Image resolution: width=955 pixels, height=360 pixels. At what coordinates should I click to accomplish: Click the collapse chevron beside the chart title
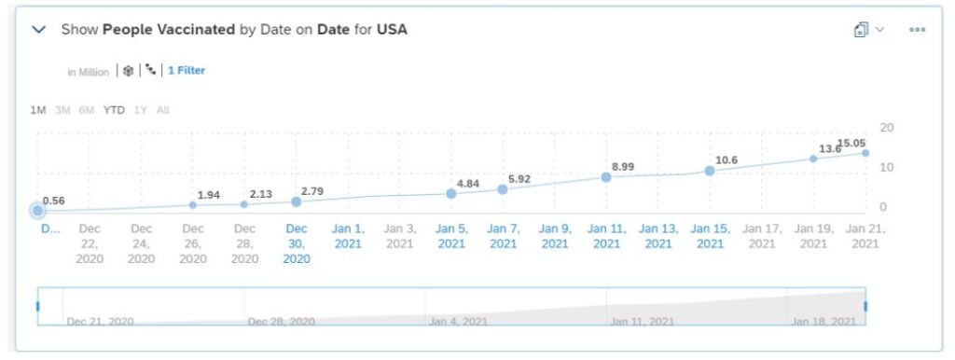click(39, 30)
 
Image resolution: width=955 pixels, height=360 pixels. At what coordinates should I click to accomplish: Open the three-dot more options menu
click(917, 30)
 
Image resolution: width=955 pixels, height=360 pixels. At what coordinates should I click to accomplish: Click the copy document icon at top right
click(862, 30)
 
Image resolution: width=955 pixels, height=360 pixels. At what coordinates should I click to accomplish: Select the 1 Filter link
click(187, 71)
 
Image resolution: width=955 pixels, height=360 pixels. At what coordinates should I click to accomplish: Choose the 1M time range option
click(38, 110)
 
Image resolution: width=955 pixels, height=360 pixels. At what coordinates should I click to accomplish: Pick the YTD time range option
click(114, 110)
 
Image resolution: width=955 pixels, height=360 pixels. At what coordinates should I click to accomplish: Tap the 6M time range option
click(87, 110)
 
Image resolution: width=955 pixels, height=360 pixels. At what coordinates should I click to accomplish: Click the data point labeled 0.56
click(38, 211)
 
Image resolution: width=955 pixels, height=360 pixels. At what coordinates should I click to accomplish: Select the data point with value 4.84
click(451, 193)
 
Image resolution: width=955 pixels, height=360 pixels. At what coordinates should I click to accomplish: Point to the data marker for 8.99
click(606, 176)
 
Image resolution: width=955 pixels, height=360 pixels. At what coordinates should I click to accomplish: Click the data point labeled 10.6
click(710, 171)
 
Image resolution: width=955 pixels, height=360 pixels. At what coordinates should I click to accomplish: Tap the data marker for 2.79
click(297, 201)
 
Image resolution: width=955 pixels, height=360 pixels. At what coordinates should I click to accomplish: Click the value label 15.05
click(851, 144)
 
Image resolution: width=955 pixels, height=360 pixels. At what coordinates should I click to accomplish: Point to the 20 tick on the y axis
click(887, 128)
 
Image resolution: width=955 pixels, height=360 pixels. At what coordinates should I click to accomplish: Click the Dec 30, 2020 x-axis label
click(297, 243)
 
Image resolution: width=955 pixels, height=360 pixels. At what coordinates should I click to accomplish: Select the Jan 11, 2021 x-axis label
click(606, 236)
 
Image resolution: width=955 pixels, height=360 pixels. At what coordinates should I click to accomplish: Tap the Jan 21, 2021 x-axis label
click(865, 236)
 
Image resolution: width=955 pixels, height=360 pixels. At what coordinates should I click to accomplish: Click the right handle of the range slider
click(865, 306)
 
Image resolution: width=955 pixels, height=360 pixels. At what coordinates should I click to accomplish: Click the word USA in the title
click(392, 30)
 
